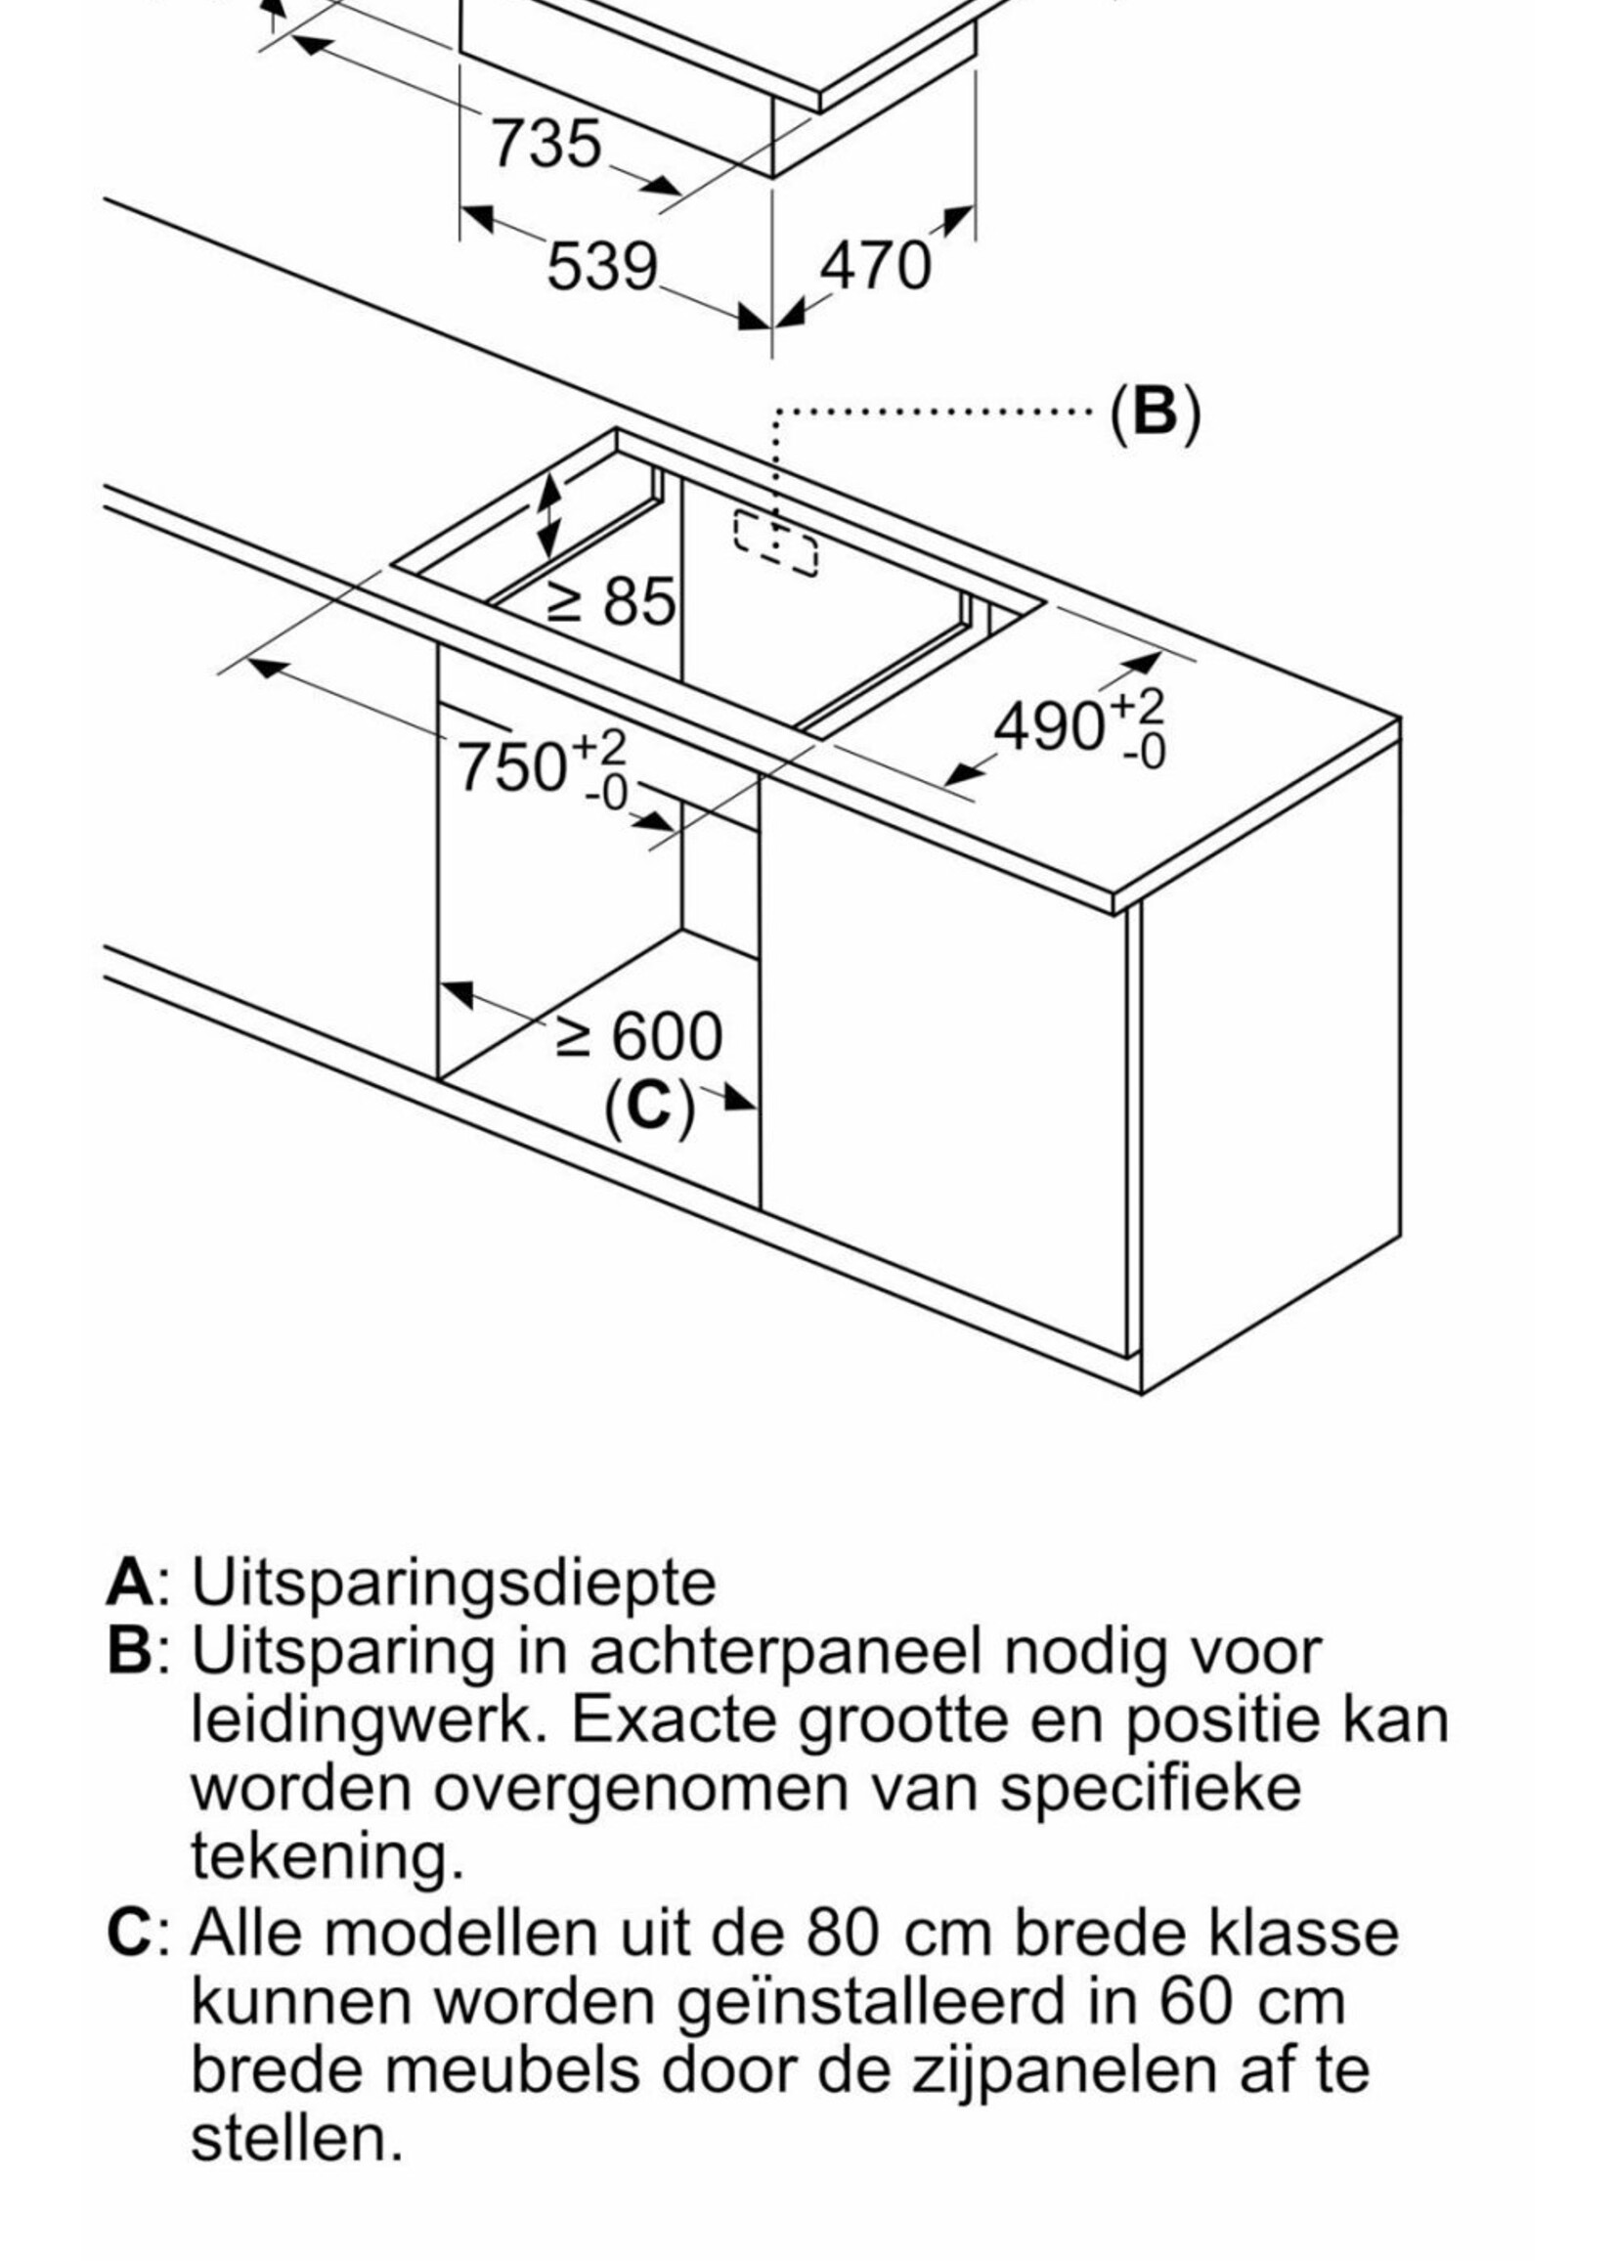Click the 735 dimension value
point(546,143)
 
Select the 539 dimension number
point(601,267)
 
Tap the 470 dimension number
point(875,266)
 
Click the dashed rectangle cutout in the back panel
point(775,542)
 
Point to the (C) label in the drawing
point(648,1104)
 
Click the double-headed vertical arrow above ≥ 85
point(549,515)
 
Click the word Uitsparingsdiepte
point(453,1582)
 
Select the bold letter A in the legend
point(128,1582)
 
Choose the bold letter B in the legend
point(128,1650)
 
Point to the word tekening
point(327,1855)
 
